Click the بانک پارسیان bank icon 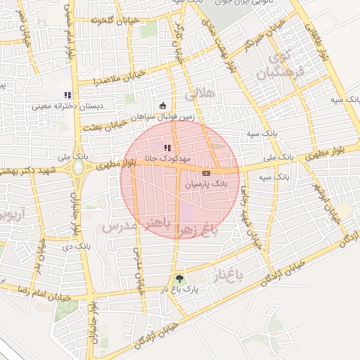(x=206, y=172)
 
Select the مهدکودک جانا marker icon (x=167, y=147)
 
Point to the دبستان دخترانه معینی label (x=67, y=106)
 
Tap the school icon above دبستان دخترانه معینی (x=67, y=95)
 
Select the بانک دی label (x=77, y=247)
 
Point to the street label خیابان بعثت (x=117, y=126)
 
